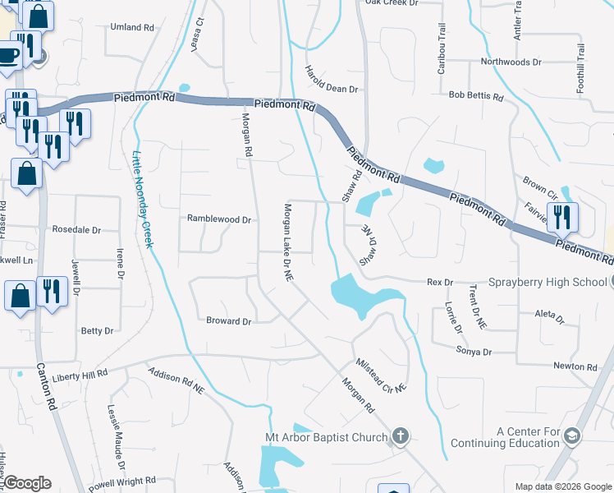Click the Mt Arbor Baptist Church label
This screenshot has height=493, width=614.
pyautogui.click(x=325, y=437)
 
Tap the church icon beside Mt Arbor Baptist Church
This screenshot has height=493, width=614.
pyautogui.click(x=400, y=435)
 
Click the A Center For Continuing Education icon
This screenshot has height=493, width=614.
pyautogui.click(x=573, y=435)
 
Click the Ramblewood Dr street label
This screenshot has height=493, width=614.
pyautogui.click(x=218, y=219)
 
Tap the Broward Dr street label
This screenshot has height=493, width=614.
pyautogui.click(x=228, y=321)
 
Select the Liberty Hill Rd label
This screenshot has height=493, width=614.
pyautogui.click(x=80, y=374)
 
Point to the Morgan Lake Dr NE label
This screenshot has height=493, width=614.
pyautogui.click(x=288, y=243)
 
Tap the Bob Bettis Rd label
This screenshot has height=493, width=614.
pyautogui.click(x=476, y=96)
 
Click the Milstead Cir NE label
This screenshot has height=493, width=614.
pyautogui.click(x=382, y=376)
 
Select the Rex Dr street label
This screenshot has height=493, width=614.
pyautogui.click(x=440, y=283)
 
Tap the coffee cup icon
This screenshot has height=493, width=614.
pyautogui.click(x=8, y=55)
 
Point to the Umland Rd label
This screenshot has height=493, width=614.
pyautogui.click(x=132, y=27)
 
